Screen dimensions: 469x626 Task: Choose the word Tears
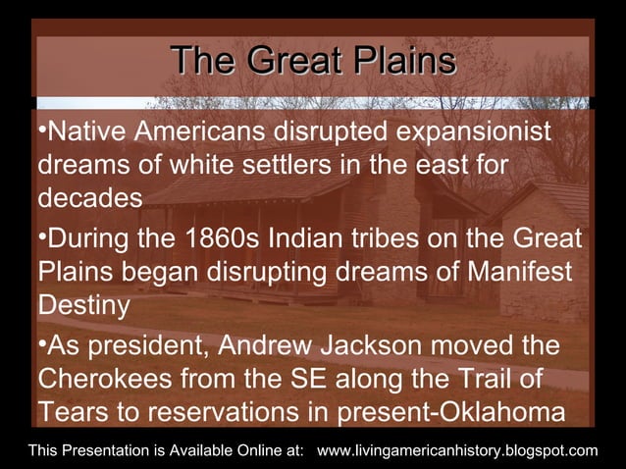(72, 412)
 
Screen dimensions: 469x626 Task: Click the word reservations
(222, 412)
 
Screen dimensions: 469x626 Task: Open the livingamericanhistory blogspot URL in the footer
(458, 450)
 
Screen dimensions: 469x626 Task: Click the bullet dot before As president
(42, 345)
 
